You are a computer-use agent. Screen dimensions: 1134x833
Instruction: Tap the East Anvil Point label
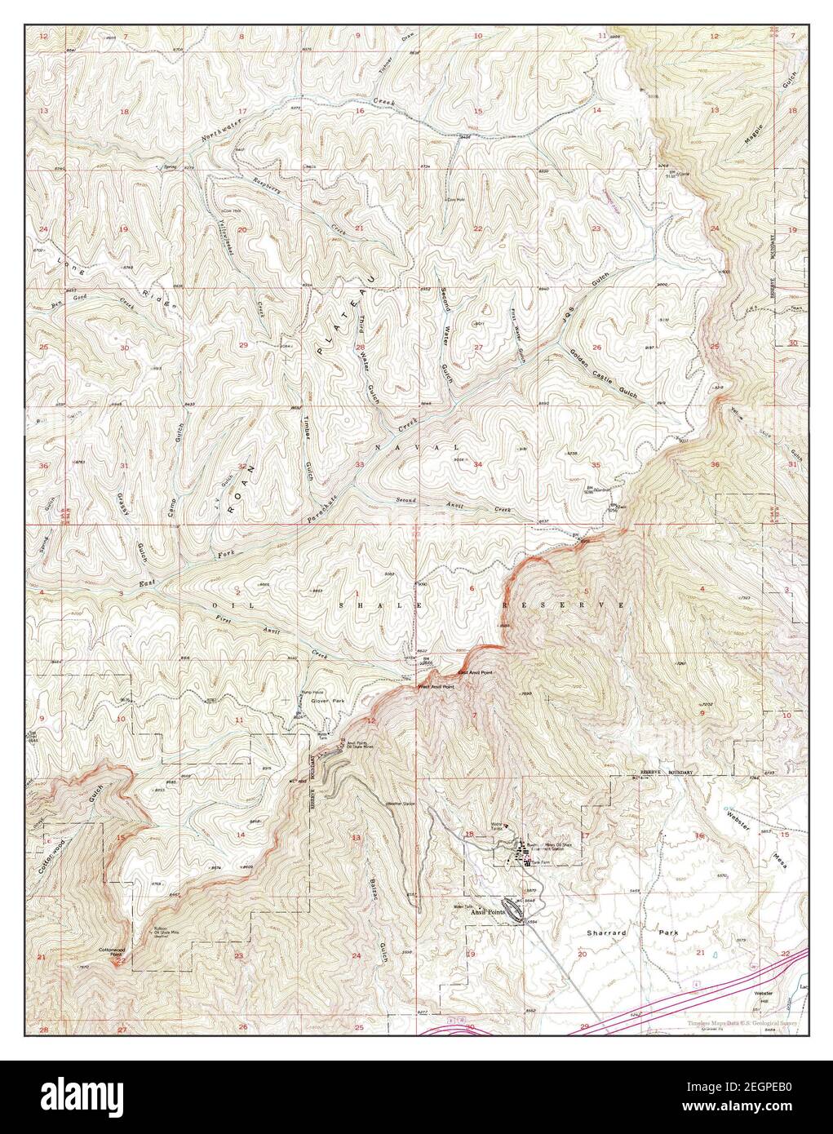tap(475, 673)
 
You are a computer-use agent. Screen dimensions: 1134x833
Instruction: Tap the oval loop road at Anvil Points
tap(514, 908)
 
